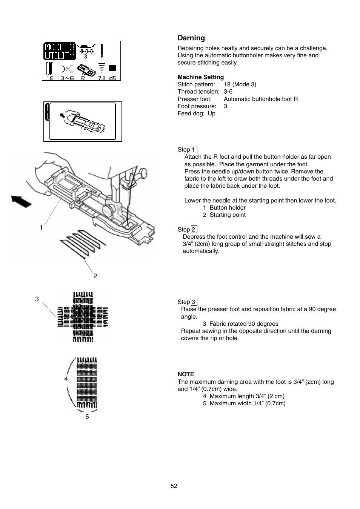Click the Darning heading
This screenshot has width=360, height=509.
[191, 38]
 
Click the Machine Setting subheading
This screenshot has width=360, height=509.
[200, 77]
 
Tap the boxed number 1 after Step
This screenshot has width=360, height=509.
[194, 150]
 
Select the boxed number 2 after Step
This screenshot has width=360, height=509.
[194, 230]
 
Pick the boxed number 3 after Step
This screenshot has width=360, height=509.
[194, 302]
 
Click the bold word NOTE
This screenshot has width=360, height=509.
[186, 374]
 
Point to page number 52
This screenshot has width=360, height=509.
[174, 486]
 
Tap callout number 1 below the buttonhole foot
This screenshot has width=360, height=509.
[41, 227]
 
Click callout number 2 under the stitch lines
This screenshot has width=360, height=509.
[95, 276]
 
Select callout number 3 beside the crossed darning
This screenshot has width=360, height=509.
[37, 299]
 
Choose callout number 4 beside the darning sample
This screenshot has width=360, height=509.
[66, 379]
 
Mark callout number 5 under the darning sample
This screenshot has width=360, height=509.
[87, 417]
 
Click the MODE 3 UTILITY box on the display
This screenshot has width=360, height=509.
[59, 51]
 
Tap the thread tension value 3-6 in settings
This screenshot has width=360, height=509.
[228, 92]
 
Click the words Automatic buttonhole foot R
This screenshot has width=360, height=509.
[261, 99]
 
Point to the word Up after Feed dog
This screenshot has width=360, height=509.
[211, 113]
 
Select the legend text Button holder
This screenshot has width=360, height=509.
[228, 208]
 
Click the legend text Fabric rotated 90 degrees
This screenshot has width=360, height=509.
[244, 324]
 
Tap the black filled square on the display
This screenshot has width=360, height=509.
[112, 68]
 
